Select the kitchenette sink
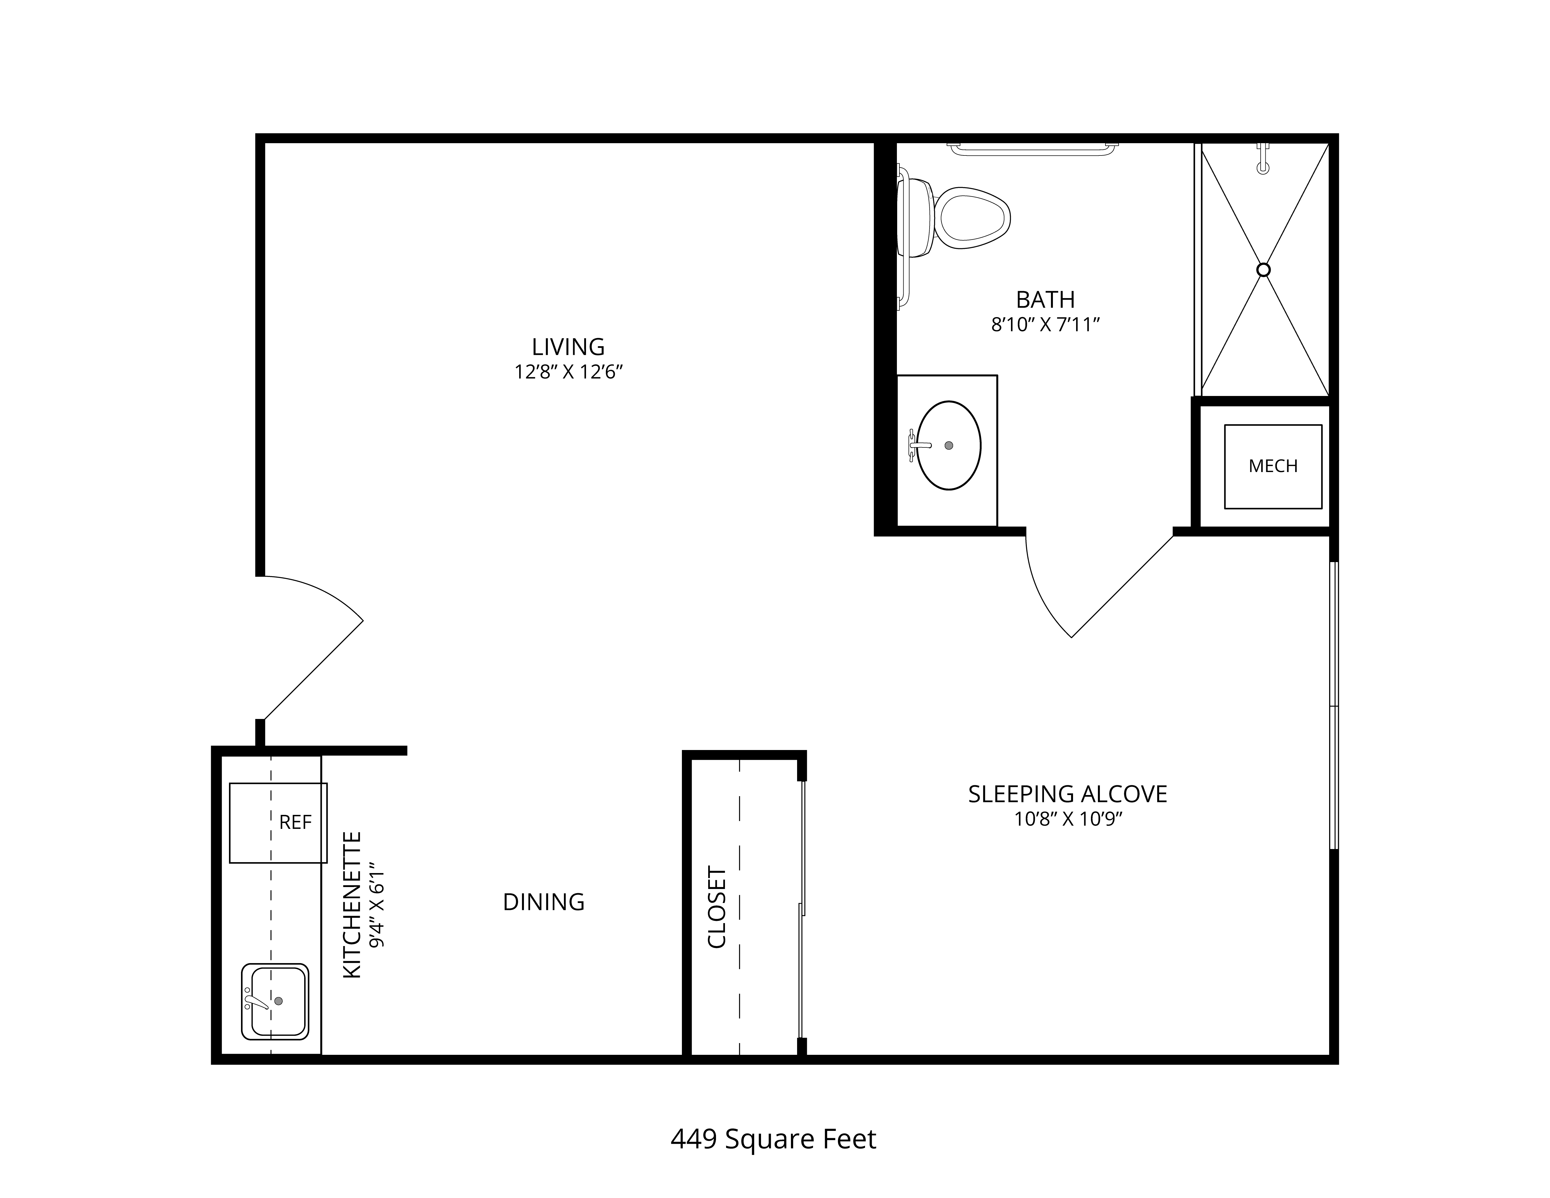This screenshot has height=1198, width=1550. click(275, 1001)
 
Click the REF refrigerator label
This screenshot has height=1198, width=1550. click(295, 822)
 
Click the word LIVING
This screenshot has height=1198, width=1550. click(568, 347)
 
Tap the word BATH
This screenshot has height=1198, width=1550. click(1045, 299)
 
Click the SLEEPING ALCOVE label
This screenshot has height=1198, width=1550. click(1067, 794)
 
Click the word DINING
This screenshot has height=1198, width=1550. click(544, 902)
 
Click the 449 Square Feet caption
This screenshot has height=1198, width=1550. click(774, 1139)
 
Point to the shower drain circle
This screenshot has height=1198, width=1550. click(1263, 270)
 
